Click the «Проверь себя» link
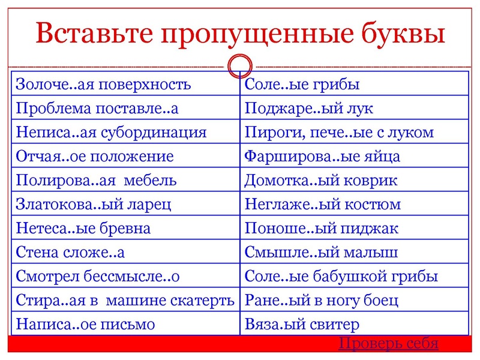pyautogui.click(x=388, y=343)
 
